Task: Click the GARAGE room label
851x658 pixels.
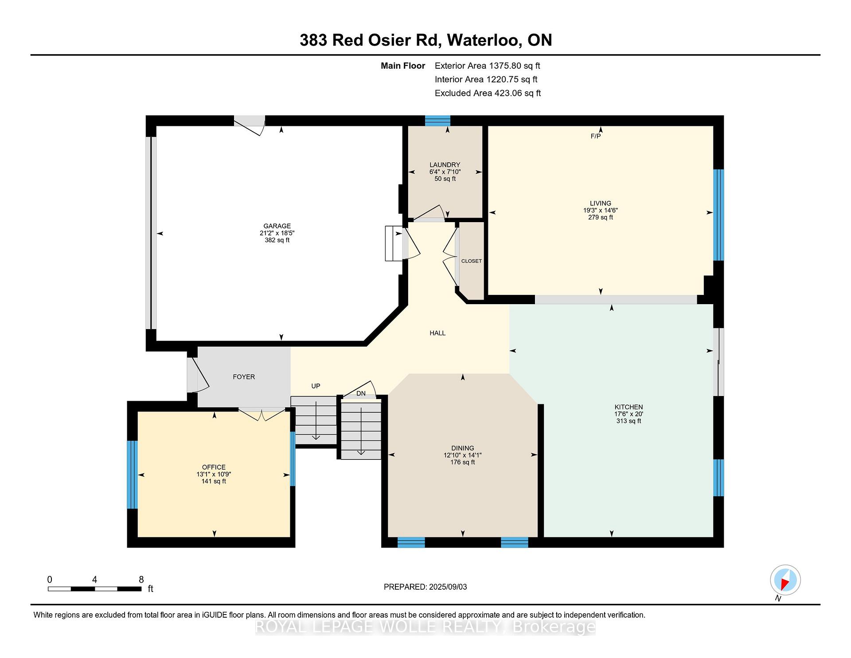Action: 277,226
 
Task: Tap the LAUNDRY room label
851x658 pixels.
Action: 445,165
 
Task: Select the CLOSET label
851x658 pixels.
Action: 471,261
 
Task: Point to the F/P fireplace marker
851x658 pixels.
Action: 596,136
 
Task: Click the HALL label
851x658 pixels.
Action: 437,333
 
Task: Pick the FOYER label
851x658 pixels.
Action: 244,377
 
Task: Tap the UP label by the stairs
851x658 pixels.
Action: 316,386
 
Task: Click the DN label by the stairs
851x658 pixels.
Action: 361,393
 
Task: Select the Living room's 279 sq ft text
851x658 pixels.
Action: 601,217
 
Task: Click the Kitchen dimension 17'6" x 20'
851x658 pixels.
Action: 628,414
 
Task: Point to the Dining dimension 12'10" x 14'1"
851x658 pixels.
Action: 463,455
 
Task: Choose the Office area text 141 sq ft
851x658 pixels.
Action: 214,481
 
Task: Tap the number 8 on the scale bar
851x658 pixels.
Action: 141,580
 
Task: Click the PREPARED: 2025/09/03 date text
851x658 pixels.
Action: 425,587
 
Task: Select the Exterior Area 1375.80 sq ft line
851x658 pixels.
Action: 487,66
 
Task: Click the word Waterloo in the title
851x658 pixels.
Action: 484,40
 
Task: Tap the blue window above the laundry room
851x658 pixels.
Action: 437,121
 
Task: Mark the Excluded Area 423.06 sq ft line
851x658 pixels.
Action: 488,93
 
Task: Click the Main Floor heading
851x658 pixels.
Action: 403,66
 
